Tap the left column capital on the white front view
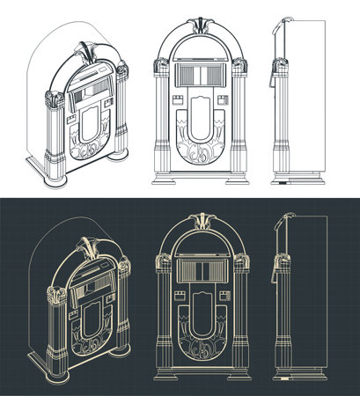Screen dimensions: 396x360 click(162, 66)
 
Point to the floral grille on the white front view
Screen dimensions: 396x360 click(199, 154)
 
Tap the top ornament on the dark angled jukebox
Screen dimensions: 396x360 click(84, 246)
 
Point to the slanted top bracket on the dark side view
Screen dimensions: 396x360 click(282, 227)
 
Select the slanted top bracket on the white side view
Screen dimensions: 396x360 click(282, 30)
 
